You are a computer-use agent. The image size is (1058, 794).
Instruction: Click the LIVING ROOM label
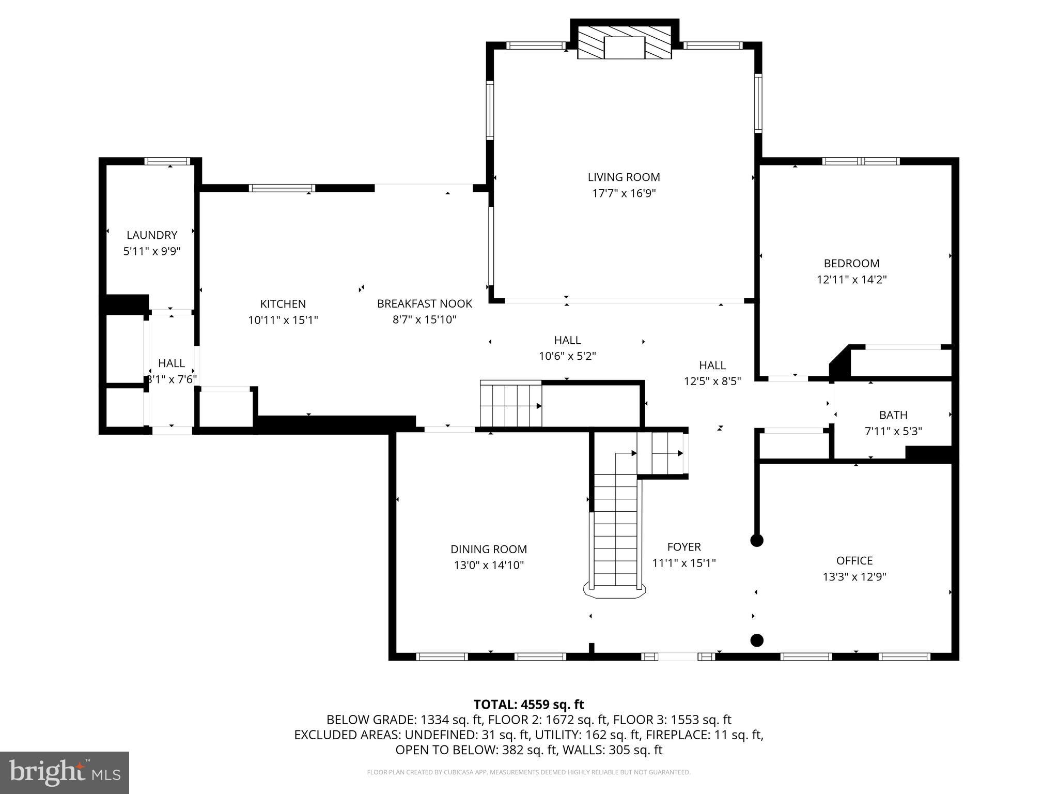coord(624,177)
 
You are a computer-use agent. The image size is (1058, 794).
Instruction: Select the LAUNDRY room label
coord(152,235)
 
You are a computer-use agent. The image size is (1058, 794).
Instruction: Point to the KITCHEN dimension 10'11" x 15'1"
coord(283,320)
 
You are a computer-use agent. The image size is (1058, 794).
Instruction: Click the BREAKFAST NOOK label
coord(424,303)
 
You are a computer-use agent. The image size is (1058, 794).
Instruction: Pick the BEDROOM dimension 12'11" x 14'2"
coord(851,280)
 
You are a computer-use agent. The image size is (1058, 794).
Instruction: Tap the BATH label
coord(893,415)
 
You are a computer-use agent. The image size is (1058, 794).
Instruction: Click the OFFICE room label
coord(854,560)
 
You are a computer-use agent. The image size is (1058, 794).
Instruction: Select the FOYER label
coord(684,547)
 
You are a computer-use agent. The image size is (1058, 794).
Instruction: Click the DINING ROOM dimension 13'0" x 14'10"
coord(489,565)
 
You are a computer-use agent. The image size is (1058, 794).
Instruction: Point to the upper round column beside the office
coord(757,541)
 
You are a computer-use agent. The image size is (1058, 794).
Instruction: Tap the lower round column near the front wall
coord(757,640)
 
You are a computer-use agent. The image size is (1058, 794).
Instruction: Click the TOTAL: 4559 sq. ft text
coord(528,705)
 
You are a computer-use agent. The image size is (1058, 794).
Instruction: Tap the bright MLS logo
coord(65,772)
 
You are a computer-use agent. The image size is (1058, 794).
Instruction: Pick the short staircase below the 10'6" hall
coord(510,404)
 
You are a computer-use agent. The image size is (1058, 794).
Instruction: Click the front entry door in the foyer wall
coord(678,657)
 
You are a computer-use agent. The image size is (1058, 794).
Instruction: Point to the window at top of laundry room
coord(167,161)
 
